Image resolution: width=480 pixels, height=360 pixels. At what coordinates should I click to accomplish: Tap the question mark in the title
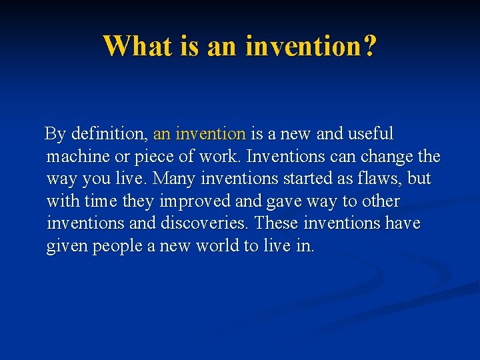pyautogui.click(x=369, y=46)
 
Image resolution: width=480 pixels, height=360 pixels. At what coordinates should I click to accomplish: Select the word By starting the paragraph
pyautogui.click(x=55, y=134)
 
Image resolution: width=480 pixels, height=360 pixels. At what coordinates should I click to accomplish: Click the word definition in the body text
pyautogui.click(x=109, y=134)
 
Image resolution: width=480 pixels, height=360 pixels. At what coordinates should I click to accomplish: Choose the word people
pyautogui.click(x=119, y=246)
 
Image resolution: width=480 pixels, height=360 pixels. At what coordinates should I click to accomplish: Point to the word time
pyautogui.click(x=100, y=201)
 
